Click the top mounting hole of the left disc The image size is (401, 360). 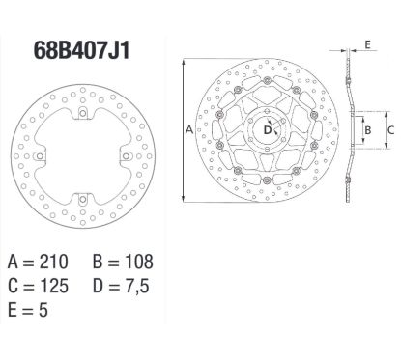click(x=85, y=115)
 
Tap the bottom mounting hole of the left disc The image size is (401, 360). click(x=85, y=198)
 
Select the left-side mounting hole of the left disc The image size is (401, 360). click(x=43, y=156)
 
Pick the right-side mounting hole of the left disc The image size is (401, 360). click(x=127, y=156)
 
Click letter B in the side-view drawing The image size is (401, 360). click(x=367, y=126)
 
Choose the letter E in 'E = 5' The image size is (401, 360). click(x=13, y=312)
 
